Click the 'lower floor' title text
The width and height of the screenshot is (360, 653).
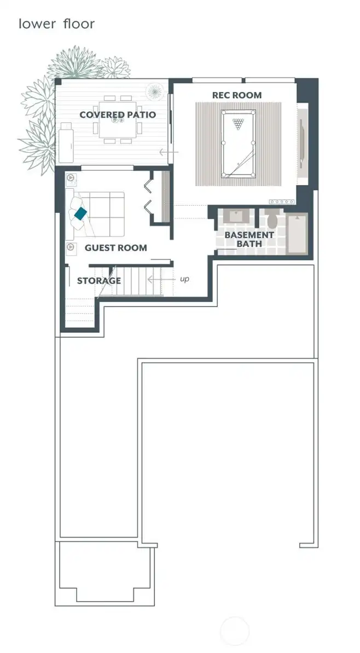tap(56, 24)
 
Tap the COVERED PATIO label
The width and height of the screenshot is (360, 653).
tap(118, 114)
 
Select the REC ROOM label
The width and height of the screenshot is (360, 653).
tap(237, 95)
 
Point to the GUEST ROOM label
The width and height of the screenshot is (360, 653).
tap(115, 248)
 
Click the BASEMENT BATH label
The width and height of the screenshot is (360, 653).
tap(242, 239)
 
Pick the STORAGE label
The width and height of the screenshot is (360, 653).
tap(98, 281)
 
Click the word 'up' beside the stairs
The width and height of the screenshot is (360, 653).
tap(184, 279)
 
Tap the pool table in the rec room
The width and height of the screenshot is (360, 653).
tap(238, 143)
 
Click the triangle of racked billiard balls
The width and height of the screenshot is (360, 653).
tap(238, 124)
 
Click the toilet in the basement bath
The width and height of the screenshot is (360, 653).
tap(272, 220)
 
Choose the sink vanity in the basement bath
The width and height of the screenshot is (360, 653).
tap(236, 216)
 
